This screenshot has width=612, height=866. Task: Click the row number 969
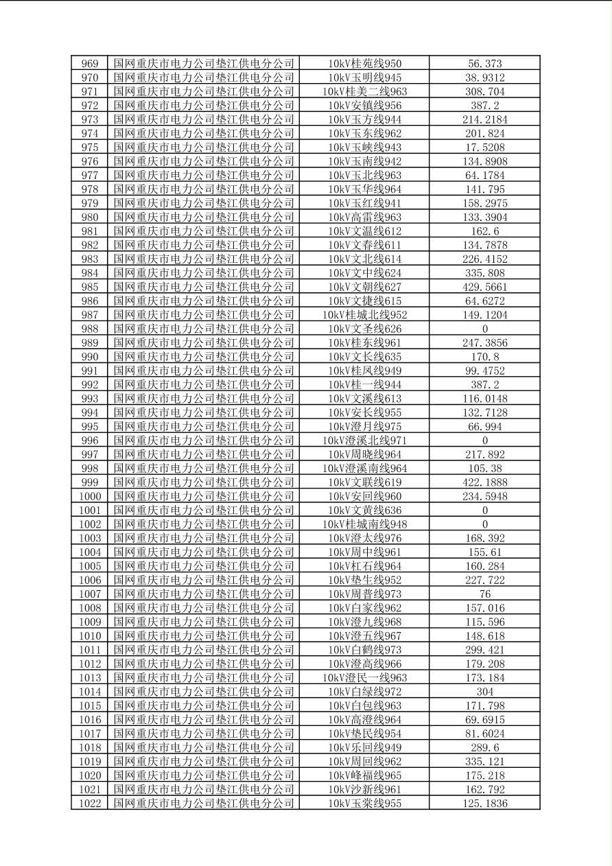point(90,64)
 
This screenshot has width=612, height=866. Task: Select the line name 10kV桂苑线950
point(364,64)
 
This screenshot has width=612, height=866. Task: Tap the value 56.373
point(484,64)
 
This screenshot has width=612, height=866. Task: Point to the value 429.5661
point(484,287)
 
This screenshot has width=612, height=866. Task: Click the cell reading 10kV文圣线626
point(364,329)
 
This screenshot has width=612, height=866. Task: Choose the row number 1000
point(90,496)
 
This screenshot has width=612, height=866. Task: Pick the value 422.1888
point(484,482)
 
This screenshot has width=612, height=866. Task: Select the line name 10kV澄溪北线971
point(364,441)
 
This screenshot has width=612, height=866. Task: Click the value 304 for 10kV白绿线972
point(484,692)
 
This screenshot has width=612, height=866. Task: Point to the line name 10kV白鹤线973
point(364,650)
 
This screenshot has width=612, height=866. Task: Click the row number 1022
point(90,804)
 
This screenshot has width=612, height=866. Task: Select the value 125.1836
point(484,804)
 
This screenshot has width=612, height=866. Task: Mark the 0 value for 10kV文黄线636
point(484,511)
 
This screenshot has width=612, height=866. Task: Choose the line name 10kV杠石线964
point(364,566)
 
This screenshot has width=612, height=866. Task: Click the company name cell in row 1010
point(204,636)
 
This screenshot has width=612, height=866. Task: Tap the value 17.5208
point(484,148)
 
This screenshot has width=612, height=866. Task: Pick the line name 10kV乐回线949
point(364,747)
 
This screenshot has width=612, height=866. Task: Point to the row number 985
point(90,287)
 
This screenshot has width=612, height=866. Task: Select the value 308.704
point(484,92)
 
